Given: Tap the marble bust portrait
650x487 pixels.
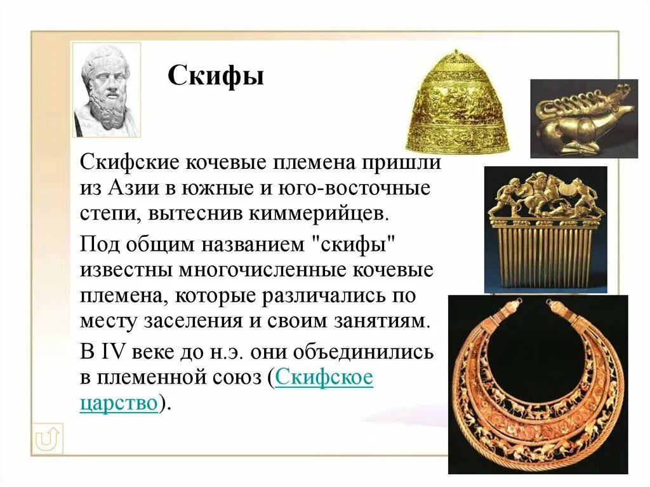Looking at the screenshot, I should pos(107,90).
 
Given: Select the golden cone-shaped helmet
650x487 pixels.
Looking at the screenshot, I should pos(458,102).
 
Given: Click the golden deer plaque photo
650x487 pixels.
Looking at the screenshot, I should pos(583,118).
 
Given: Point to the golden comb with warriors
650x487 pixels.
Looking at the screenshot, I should pos(545,229).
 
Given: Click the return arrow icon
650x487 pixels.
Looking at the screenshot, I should pos(48,438).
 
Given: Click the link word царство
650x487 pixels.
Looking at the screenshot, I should pos(118,403).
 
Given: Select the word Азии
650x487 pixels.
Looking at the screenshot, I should pos(135,189).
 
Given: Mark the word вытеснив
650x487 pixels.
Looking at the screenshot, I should pos(185,213).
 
